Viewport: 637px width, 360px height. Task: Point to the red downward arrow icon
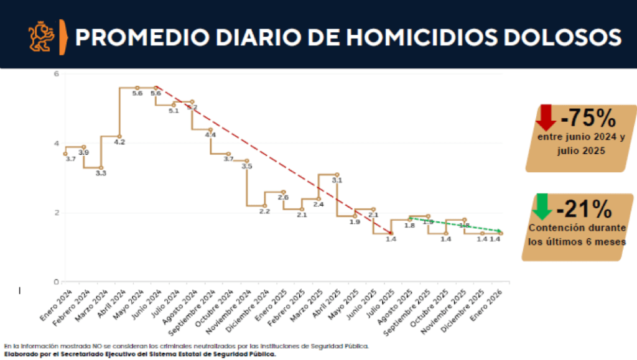(546, 118)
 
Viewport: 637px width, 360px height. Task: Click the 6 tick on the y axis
(55, 74)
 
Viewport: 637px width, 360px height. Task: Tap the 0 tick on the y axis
(55, 281)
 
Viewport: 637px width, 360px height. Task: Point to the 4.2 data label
(119, 142)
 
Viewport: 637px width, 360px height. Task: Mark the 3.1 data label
(337, 180)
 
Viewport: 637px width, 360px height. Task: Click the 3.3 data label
(101, 173)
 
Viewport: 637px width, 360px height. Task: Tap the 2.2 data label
(264, 211)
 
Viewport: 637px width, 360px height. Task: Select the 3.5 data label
(246, 167)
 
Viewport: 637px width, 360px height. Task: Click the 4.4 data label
(210, 135)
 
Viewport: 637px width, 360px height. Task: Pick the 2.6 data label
(283, 198)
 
